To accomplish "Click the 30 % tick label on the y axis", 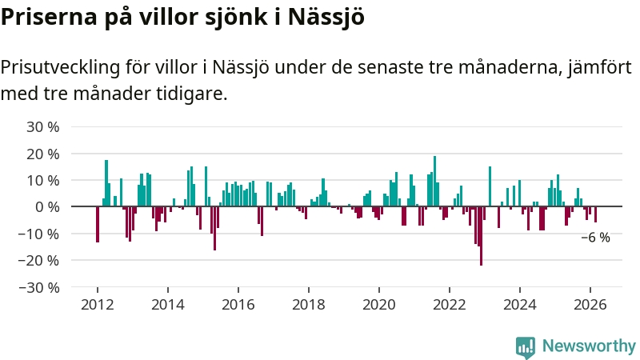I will tap(44, 126).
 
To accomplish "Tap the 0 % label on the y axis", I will tap(47, 206).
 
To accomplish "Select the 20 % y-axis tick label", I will tap(44, 153).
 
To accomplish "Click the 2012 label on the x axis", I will tap(97, 304).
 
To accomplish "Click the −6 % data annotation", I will tap(595, 238).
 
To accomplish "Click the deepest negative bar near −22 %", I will tap(481, 235).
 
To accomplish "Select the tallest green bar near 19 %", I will tap(434, 181).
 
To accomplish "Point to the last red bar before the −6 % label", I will tap(595, 214).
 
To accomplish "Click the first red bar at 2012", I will tap(98, 224).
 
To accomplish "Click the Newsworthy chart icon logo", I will tap(526, 346).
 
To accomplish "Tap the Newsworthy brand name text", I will tap(589, 346).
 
